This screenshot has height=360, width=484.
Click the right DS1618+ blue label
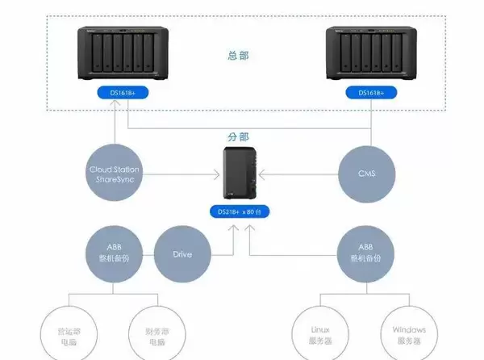coord(370,93)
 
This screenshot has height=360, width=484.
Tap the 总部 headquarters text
coord(240,57)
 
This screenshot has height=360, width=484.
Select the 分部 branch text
coord(240,138)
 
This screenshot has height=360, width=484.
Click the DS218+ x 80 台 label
coord(240,211)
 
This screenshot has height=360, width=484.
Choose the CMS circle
coord(366,174)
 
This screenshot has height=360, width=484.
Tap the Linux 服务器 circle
coord(320,333)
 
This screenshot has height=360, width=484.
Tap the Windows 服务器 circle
coord(409,333)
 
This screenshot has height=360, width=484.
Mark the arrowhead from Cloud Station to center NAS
coord(219,174)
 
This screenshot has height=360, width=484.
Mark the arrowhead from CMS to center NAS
coord(261,174)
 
